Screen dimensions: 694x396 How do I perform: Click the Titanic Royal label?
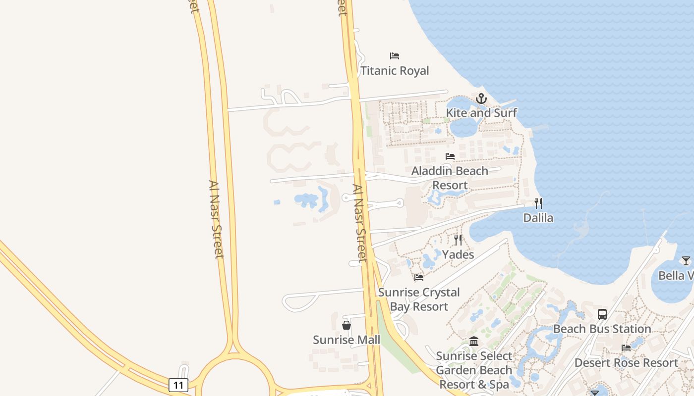coord(395,71)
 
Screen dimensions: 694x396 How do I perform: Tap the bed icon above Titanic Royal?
coord(395,55)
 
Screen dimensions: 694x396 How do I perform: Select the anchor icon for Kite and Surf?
coord(481,99)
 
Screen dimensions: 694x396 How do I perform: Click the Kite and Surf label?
coord(481,113)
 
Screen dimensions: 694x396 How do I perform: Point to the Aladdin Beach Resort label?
coord(450,178)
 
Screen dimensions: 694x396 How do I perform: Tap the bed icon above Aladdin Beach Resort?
coord(450,156)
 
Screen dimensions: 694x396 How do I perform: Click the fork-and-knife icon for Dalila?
coord(538,203)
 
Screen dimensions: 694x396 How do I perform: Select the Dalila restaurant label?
coord(538,218)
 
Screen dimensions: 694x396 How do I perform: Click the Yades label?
coord(458,254)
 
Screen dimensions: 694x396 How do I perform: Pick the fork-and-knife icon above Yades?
coord(458,240)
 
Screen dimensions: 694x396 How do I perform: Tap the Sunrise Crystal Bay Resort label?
coord(419,299)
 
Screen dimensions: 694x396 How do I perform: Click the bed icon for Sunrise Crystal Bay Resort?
coord(419,278)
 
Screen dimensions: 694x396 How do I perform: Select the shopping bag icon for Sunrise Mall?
coord(347,325)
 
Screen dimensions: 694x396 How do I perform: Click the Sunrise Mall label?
coord(347,340)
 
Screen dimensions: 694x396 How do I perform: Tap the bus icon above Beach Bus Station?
coord(602,314)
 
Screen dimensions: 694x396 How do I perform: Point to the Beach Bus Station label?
coord(602,329)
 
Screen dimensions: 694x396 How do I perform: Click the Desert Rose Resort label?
coord(626,363)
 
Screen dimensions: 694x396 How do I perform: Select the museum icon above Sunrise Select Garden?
coord(474,342)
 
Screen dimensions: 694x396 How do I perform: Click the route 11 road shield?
coord(178,385)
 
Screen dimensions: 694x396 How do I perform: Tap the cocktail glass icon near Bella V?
coord(686,261)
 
